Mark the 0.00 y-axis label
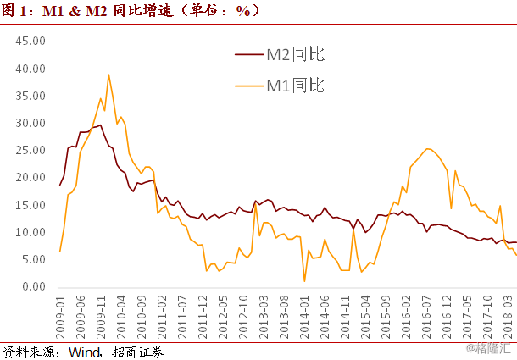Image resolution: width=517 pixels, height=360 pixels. pyautogui.click(x=31, y=287)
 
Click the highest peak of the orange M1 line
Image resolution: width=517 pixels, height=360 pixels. pyautogui.click(x=108, y=75)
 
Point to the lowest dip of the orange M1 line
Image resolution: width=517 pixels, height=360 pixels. pyautogui.click(x=304, y=280)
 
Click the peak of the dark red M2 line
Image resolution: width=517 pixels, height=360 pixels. pyautogui.click(x=102, y=125)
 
